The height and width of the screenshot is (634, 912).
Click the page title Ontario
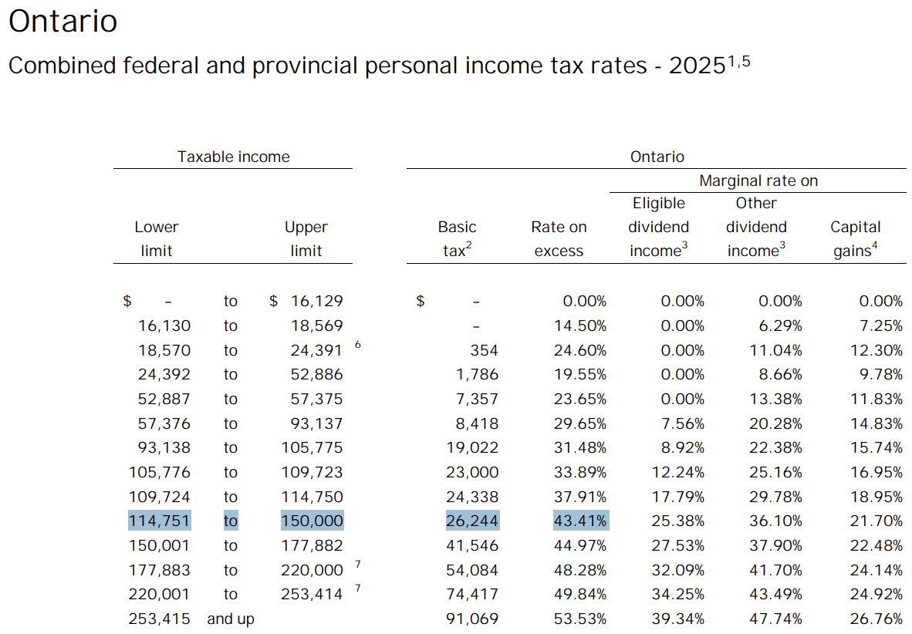62,22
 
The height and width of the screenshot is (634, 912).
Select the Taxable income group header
233,157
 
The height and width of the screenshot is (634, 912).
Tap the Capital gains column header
855,238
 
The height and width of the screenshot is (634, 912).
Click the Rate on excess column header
559,238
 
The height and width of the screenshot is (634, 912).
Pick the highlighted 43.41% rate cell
580,521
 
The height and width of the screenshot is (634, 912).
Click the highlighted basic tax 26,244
472,521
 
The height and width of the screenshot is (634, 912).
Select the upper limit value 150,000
312,521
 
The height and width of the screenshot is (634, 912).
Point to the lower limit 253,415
159,619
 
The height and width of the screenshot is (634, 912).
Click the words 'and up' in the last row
231,619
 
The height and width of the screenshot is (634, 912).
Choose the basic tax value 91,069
472,619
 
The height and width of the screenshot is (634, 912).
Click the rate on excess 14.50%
580,325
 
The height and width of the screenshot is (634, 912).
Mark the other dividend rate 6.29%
781,325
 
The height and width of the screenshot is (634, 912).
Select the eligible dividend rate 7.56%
683,423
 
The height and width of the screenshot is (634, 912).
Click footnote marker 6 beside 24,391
358,345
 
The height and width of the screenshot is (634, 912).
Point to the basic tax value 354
484,350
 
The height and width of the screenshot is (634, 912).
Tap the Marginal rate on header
758,180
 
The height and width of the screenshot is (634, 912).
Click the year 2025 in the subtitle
697,66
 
